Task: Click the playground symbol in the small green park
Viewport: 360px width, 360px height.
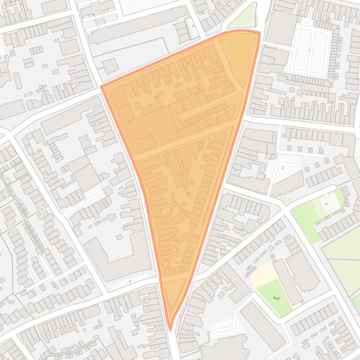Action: (x=276, y=297)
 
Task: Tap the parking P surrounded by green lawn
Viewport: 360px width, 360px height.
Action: (x=327, y=204)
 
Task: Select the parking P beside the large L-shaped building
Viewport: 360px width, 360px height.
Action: (x=130, y=281)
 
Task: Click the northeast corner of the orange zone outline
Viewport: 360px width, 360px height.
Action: (x=258, y=32)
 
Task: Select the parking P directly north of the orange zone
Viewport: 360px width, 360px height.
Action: (x=193, y=26)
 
